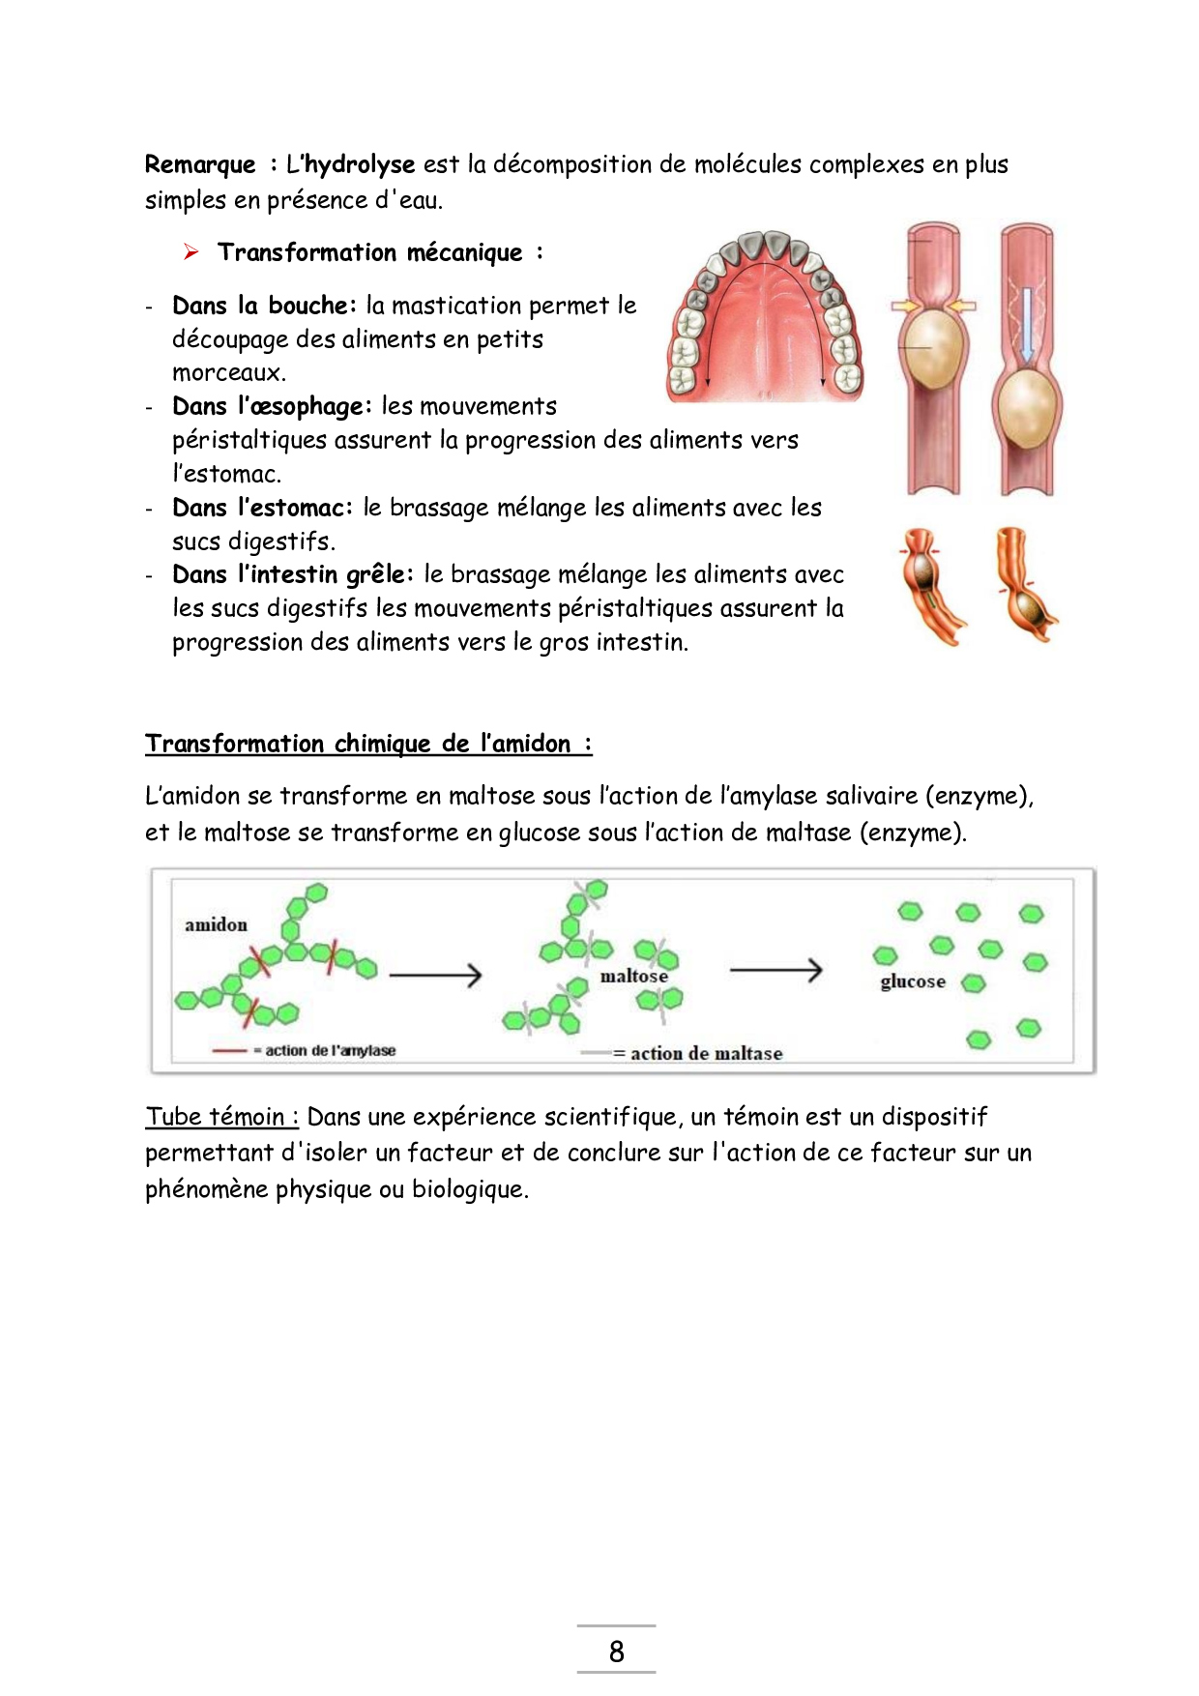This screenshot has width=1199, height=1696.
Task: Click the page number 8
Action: click(x=616, y=1651)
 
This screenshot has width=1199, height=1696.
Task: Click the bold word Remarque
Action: click(x=200, y=164)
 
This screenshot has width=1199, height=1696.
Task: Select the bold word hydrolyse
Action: click(x=360, y=165)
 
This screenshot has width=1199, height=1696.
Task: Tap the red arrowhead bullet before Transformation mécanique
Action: click(x=191, y=252)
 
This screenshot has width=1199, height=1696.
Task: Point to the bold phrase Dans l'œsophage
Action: click(x=271, y=406)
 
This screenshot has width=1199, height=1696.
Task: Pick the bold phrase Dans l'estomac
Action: click(x=261, y=508)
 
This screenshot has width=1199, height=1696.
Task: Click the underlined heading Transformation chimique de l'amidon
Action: click(x=367, y=744)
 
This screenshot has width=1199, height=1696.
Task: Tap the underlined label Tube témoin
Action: click(x=221, y=1117)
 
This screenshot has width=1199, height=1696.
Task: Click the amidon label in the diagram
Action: click(x=217, y=924)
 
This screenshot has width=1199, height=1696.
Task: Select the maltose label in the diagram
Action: click(x=633, y=976)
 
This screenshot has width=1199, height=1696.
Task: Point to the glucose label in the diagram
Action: click(x=913, y=981)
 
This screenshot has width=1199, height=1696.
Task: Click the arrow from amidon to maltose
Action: click(x=435, y=975)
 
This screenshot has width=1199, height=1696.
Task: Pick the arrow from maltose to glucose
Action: click(x=775, y=969)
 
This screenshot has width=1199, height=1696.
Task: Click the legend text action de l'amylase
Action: click(x=330, y=1050)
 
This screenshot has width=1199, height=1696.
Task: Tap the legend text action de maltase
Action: click(x=706, y=1053)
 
